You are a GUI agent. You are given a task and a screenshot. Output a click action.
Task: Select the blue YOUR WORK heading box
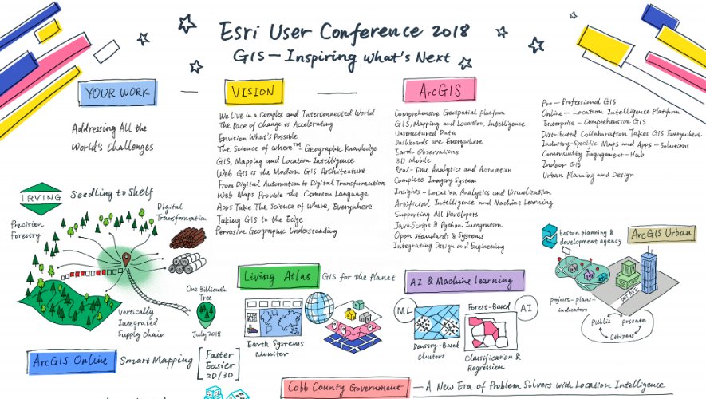coord(117,93)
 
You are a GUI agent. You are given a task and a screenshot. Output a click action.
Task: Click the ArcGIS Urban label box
coord(661,235)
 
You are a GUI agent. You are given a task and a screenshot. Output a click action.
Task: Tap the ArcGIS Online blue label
coord(70,361)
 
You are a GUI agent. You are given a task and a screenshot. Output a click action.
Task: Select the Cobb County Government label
coord(345,388)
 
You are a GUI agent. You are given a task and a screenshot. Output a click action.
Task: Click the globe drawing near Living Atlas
coord(319,308)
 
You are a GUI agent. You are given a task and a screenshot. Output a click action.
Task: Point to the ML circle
coord(403,309)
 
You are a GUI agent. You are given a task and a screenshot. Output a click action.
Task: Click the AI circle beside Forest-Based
coord(526,307)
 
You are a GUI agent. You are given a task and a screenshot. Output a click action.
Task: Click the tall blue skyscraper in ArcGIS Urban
coord(649,271)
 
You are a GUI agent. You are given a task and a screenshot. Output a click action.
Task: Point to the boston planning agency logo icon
coord(549,234)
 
